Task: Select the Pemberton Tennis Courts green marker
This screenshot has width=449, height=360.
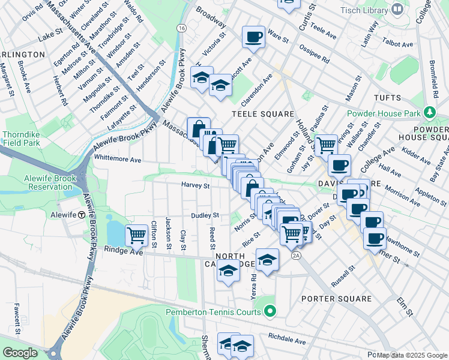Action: point(270,311)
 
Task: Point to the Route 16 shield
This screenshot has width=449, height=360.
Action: point(181,28)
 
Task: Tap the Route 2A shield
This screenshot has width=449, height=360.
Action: point(295,256)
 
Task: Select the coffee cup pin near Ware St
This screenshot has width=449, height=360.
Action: point(253,37)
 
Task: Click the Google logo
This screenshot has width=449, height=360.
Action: point(20,352)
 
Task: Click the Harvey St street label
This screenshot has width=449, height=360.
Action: point(196,185)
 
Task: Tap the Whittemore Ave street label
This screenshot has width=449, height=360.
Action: point(118,160)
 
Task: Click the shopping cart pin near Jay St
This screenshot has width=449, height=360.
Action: point(326,145)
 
